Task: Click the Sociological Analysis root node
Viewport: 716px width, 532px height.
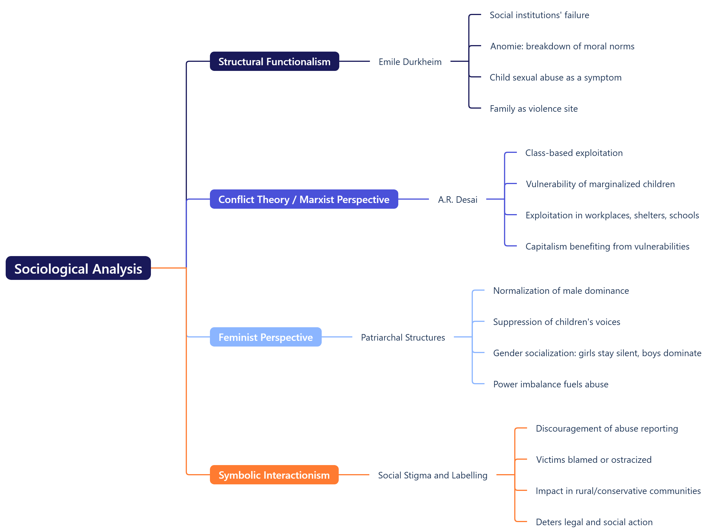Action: click(x=78, y=268)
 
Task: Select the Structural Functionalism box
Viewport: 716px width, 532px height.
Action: click(x=274, y=61)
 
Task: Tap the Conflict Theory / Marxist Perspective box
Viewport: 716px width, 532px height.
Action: click(x=304, y=199)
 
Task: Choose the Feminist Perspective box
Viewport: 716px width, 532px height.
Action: click(x=266, y=337)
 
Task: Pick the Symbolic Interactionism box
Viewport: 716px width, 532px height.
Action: click(x=274, y=475)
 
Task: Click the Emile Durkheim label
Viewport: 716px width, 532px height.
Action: click(x=410, y=62)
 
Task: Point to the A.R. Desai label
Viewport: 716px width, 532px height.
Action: click(x=457, y=199)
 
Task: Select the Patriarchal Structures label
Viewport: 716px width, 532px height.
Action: click(x=403, y=337)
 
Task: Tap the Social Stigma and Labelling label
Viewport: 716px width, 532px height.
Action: click(x=432, y=475)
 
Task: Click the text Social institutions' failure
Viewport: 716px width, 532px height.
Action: click(x=539, y=15)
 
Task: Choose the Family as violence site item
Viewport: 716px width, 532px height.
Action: click(x=533, y=109)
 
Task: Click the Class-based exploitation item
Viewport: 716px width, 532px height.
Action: click(x=574, y=153)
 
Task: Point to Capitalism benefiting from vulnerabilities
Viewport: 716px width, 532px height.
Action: click(x=607, y=246)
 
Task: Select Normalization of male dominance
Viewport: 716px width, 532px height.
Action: click(x=561, y=290)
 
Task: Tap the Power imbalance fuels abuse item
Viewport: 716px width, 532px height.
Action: click(x=550, y=384)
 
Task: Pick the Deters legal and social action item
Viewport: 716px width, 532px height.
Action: click(x=594, y=522)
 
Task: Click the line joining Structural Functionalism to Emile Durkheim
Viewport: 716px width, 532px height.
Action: click(x=354, y=61)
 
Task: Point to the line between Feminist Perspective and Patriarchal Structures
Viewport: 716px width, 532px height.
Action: click(x=336, y=337)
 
